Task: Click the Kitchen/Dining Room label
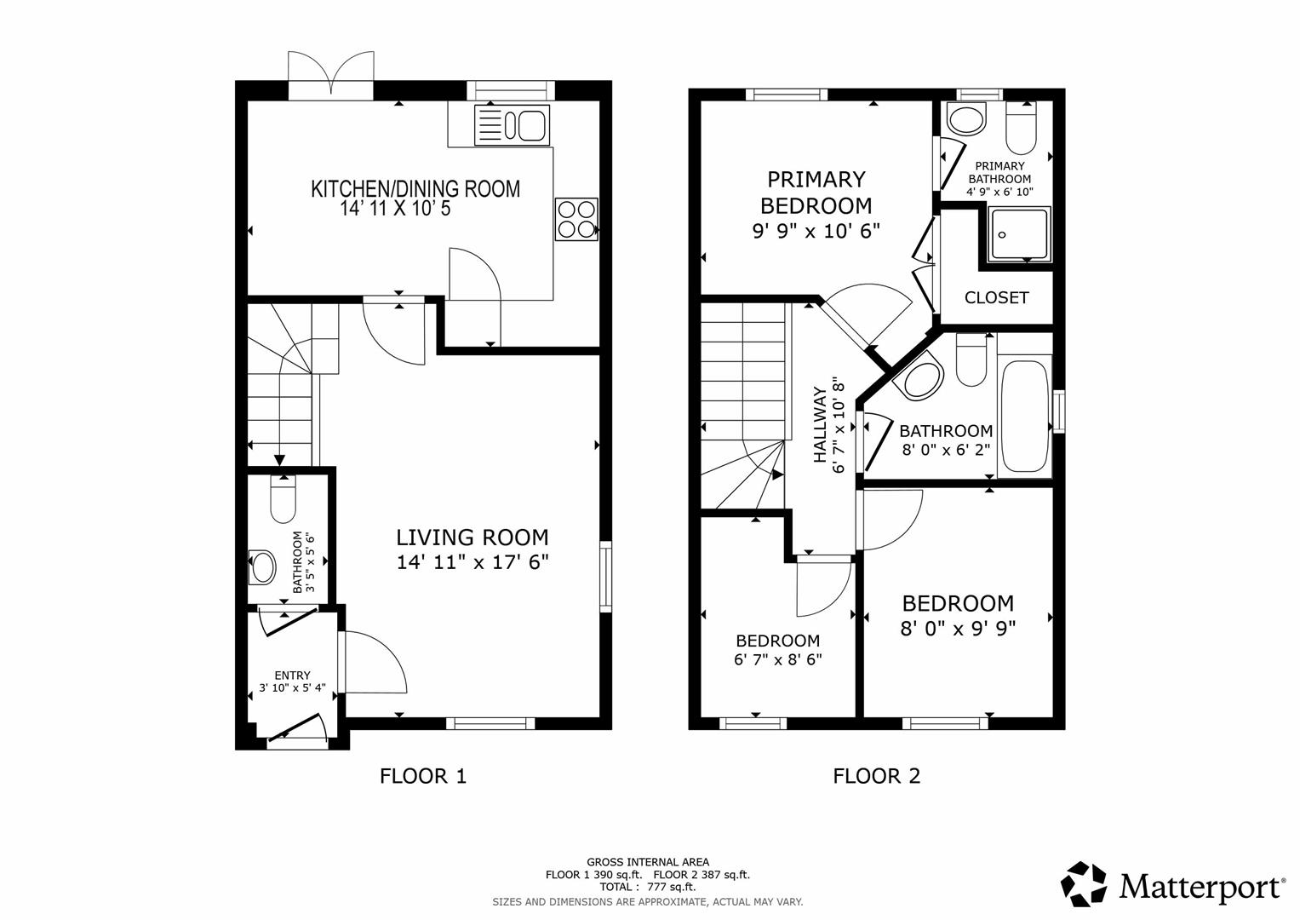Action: pos(415,188)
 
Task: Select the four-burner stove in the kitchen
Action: pos(576,219)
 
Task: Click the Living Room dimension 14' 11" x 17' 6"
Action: pos(472,562)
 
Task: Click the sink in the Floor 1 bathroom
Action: pos(263,566)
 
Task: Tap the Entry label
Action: pos(292,675)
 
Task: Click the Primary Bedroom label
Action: pos(816,192)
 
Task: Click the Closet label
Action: pos(996,297)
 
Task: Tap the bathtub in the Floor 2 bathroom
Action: pos(1024,416)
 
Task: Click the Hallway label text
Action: pos(820,425)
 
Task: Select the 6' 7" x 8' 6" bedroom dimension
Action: pos(777,659)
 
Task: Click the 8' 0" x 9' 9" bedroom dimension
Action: pos(958,629)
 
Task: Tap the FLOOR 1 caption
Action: pos(422,776)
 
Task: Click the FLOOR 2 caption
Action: pos(876,776)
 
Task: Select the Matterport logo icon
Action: pos(1084,884)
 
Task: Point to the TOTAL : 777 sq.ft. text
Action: pos(647,887)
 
